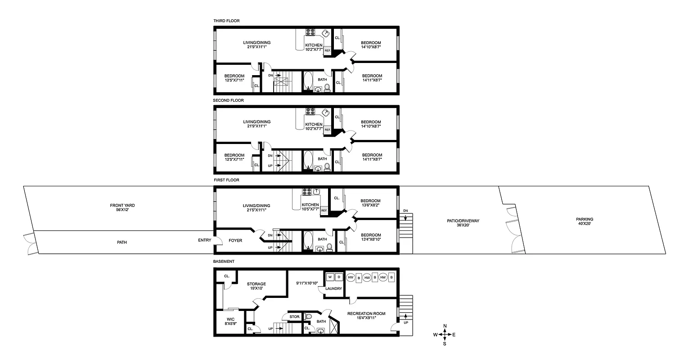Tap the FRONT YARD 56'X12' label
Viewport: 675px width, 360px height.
(x=122, y=208)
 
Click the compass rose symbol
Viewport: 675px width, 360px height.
(x=445, y=334)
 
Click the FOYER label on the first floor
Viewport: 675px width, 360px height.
(x=235, y=241)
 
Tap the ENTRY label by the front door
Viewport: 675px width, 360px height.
(x=205, y=240)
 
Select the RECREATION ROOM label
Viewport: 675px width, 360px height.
(x=366, y=314)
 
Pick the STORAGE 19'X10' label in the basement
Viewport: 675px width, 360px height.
(x=256, y=287)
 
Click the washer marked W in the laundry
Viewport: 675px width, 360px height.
(x=330, y=277)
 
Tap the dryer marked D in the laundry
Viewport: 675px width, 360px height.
(x=339, y=277)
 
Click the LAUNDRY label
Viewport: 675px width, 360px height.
(x=334, y=289)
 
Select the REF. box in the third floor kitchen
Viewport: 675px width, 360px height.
(x=328, y=51)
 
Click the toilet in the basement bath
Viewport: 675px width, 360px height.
(x=308, y=317)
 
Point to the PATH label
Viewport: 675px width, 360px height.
(x=122, y=242)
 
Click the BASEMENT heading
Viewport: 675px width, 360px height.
(x=224, y=261)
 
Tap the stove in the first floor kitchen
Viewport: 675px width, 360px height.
(x=307, y=191)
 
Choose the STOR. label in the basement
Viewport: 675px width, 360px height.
(x=295, y=317)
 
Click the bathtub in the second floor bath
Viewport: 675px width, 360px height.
(x=308, y=161)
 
